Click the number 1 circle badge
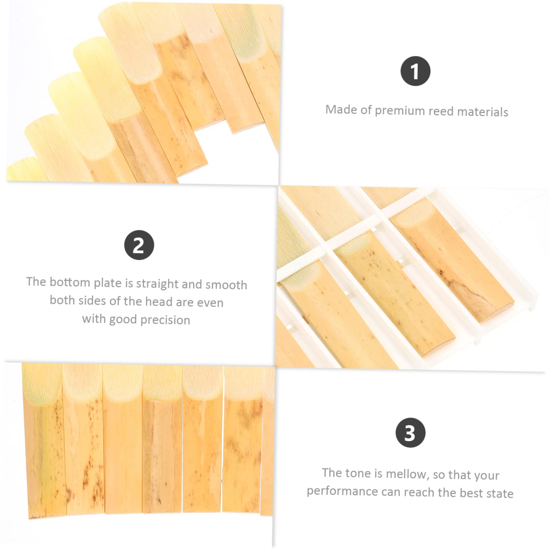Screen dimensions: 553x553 (x=415, y=71)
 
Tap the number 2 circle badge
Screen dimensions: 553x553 (x=139, y=245)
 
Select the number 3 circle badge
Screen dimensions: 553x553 (x=410, y=433)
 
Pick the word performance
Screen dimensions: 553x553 (x=342, y=491)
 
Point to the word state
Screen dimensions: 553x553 (x=500, y=493)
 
